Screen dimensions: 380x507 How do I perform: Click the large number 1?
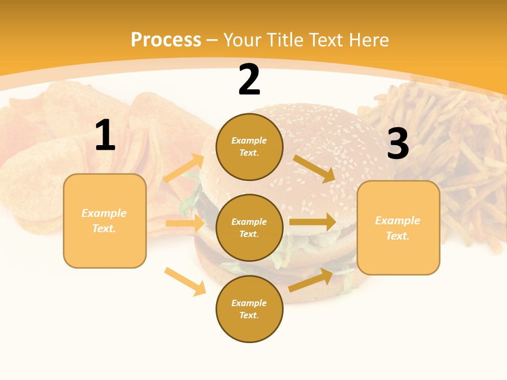(x=105, y=136)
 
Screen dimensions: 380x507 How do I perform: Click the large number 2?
(x=249, y=80)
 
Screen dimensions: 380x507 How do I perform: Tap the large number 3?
(x=398, y=144)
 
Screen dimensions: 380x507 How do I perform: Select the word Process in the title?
(x=166, y=40)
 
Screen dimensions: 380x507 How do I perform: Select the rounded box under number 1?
(x=105, y=221)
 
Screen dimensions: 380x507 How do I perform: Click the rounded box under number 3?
(x=398, y=227)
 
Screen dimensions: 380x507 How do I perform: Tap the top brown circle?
(x=249, y=147)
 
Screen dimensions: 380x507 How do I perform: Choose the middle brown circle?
(x=249, y=227)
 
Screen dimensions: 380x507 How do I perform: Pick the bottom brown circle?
(x=249, y=309)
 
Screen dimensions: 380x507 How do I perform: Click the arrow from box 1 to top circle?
(x=184, y=168)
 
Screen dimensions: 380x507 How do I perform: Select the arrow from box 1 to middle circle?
(x=185, y=223)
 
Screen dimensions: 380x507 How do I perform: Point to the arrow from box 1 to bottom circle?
(x=185, y=281)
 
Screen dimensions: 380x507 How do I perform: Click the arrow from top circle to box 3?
(x=314, y=168)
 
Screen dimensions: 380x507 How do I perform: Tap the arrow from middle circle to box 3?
(x=313, y=222)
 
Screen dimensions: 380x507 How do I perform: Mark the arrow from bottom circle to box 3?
(x=311, y=280)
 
